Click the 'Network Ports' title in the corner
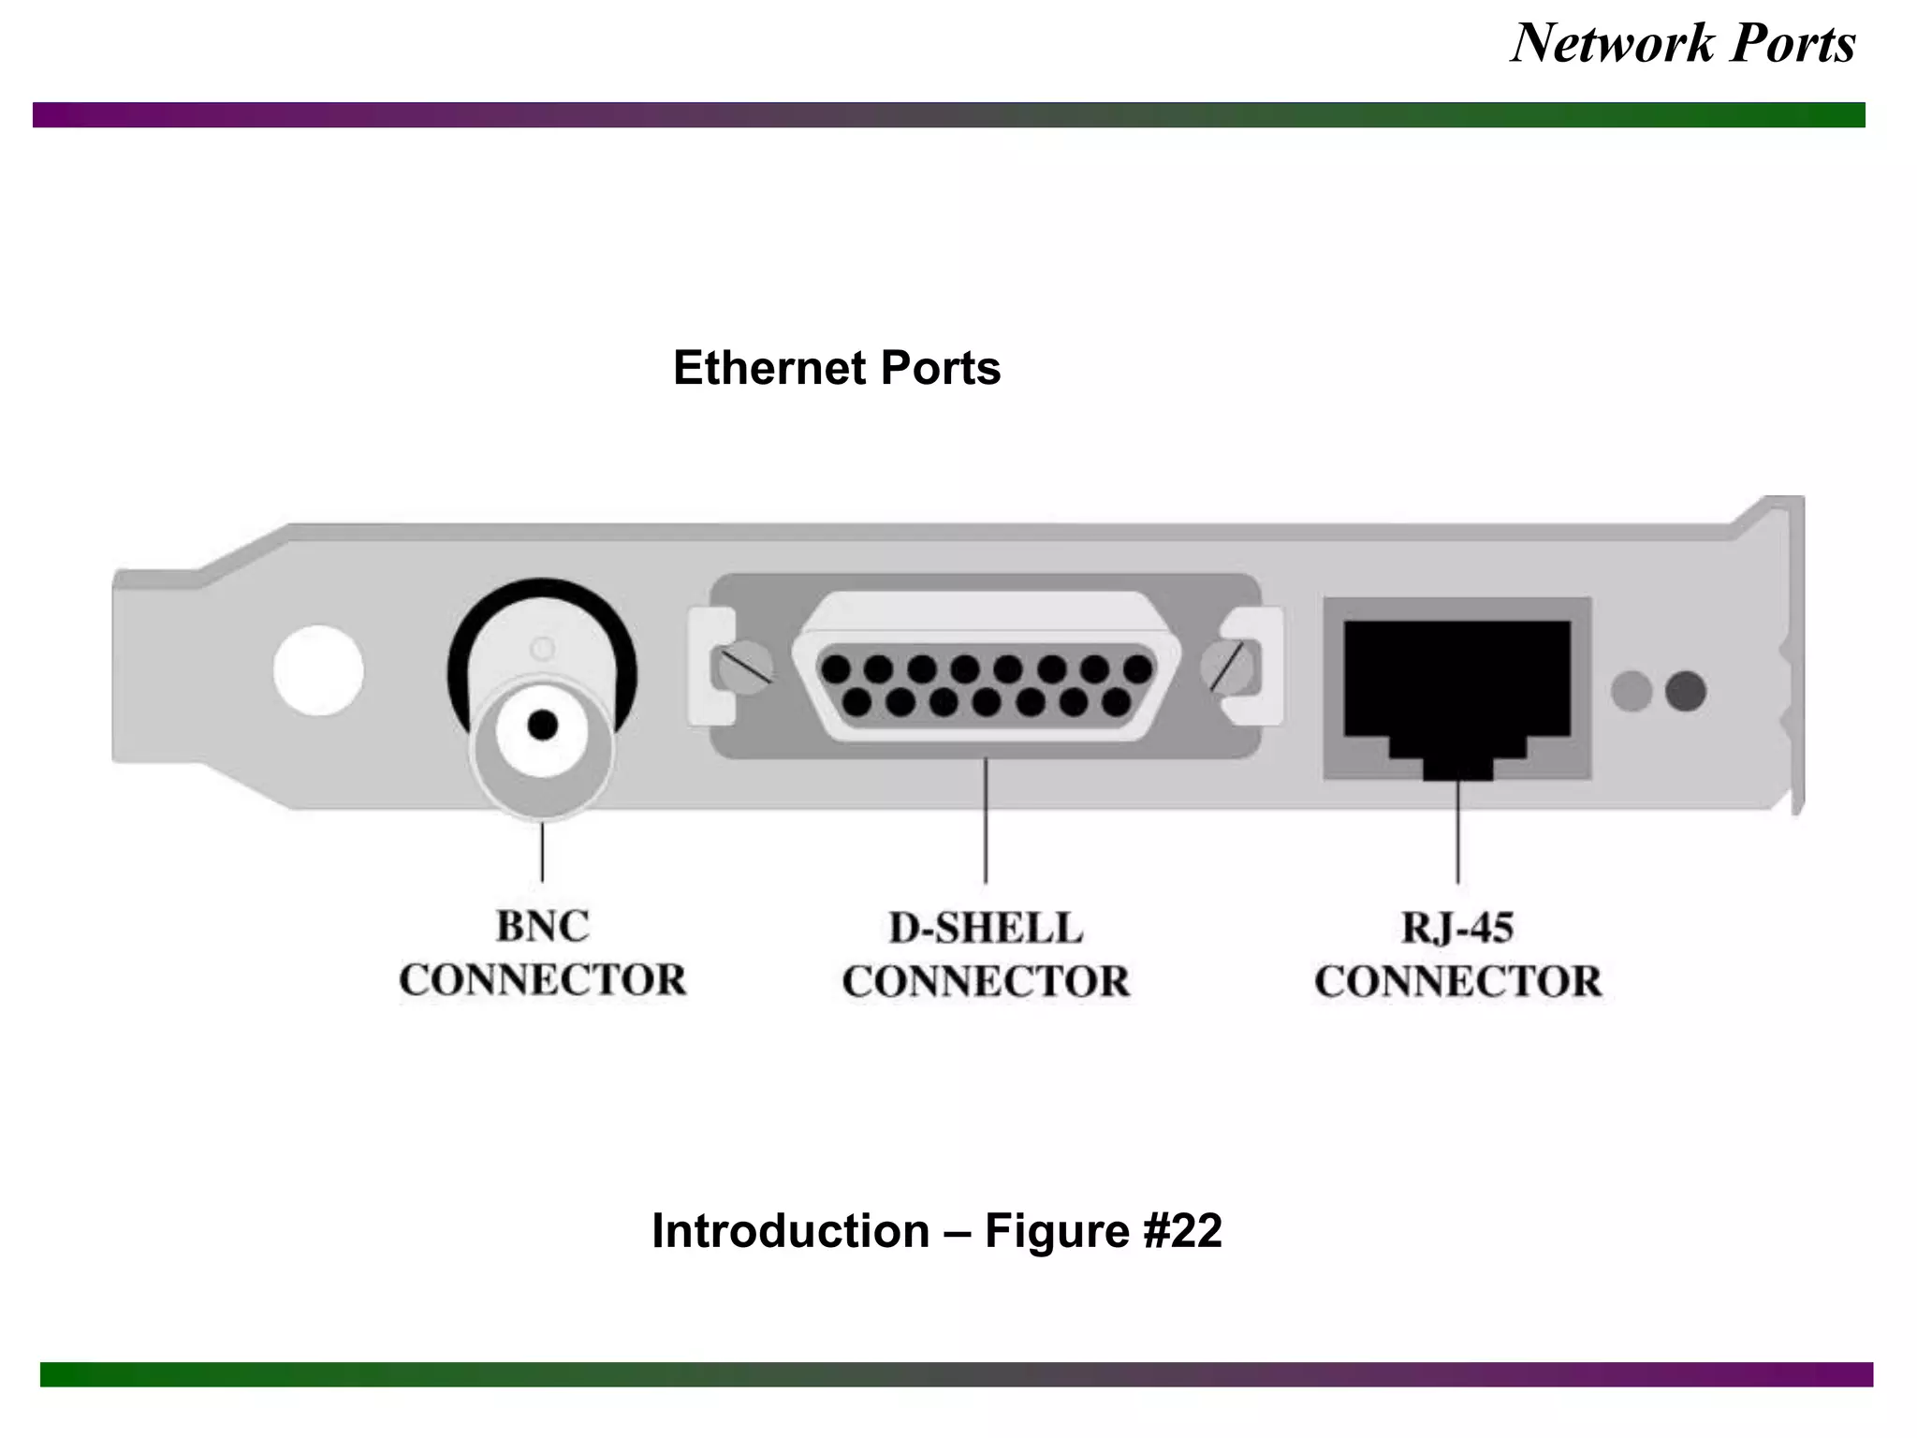pyautogui.click(x=1682, y=43)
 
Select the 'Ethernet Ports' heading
pyautogui.click(x=836, y=368)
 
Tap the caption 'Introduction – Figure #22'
pyautogui.click(x=936, y=1230)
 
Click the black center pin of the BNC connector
pyautogui.click(x=543, y=725)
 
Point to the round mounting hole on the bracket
pyautogui.click(x=318, y=670)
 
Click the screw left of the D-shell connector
pyautogui.click(x=742, y=667)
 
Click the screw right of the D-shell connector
pyautogui.click(x=1228, y=667)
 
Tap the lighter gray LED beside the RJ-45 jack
pyautogui.click(x=1632, y=692)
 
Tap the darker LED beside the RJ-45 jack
pyautogui.click(x=1686, y=692)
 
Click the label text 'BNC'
pyautogui.click(x=543, y=927)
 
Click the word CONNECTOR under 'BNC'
pyautogui.click(x=543, y=980)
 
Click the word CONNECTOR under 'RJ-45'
pyautogui.click(x=1457, y=981)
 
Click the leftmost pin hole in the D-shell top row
pyautogui.click(x=835, y=669)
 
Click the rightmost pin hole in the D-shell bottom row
pyautogui.click(x=1116, y=702)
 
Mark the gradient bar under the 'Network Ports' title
pyautogui.click(x=949, y=115)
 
